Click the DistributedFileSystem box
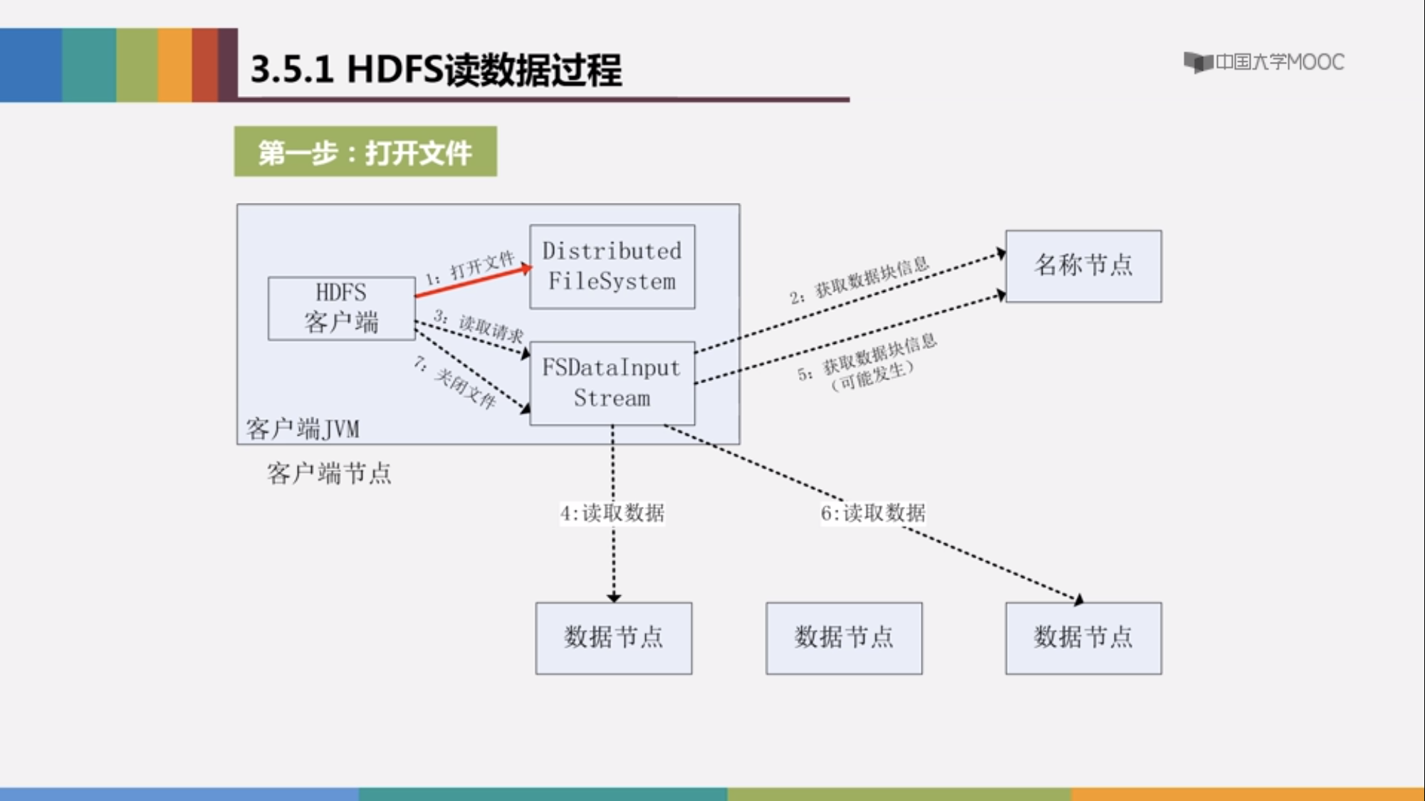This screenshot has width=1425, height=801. [x=612, y=267]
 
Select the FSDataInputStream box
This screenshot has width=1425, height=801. [x=612, y=383]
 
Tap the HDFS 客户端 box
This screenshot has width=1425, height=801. [x=342, y=308]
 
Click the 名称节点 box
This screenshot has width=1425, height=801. [x=1083, y=266]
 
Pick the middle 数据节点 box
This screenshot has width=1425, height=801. [x=844, y=638]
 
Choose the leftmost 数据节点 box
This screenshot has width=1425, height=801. [x=614, y=638]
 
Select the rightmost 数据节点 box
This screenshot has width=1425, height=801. [x=1083, y=638]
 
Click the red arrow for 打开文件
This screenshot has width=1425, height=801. [x=474, y=281]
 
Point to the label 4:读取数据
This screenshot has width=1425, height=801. [x=612, y=513]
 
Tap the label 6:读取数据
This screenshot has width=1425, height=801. [x=873, y=513]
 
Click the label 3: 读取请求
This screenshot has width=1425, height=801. [x=479, y=326]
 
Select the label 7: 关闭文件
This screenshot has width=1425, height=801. [x=455, y=383]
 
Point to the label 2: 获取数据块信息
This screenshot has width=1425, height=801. [x=859, y=281]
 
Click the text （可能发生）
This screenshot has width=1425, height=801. [x=872, y=376]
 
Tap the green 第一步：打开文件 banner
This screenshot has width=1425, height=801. [x=365, y=152]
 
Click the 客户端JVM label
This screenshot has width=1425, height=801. [x=303, y=429]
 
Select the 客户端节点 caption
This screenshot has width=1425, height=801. [x=329, y=473]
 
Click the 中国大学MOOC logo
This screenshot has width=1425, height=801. [x=1264, y=62]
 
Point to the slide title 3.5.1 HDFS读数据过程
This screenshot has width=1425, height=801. [x=436, y=70]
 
